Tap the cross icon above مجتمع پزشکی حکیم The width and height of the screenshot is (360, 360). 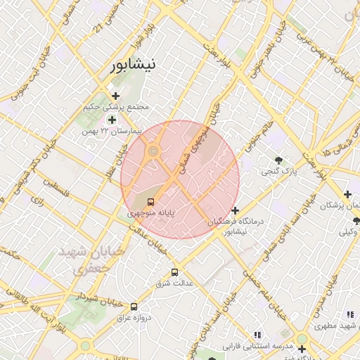pos(116,96)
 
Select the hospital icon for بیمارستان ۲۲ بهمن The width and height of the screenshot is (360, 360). pos(112,120)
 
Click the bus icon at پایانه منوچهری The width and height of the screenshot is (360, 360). pos(152,202)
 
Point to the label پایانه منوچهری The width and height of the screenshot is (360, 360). pos(151,212)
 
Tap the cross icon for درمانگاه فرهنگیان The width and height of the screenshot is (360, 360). pos(235,210)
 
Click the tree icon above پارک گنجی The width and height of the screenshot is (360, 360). pos(280,160)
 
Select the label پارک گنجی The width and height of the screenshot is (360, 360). pos(280,171)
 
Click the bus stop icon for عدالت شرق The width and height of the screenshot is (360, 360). pos(174,272)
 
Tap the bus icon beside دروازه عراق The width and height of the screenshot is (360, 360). pos(134,306)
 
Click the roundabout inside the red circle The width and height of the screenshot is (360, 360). pos(153,150)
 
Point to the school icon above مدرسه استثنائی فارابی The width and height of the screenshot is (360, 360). pos(257,335)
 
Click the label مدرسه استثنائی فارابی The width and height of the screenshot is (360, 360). pos(257,347)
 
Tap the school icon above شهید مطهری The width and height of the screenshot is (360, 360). pos(349,314)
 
